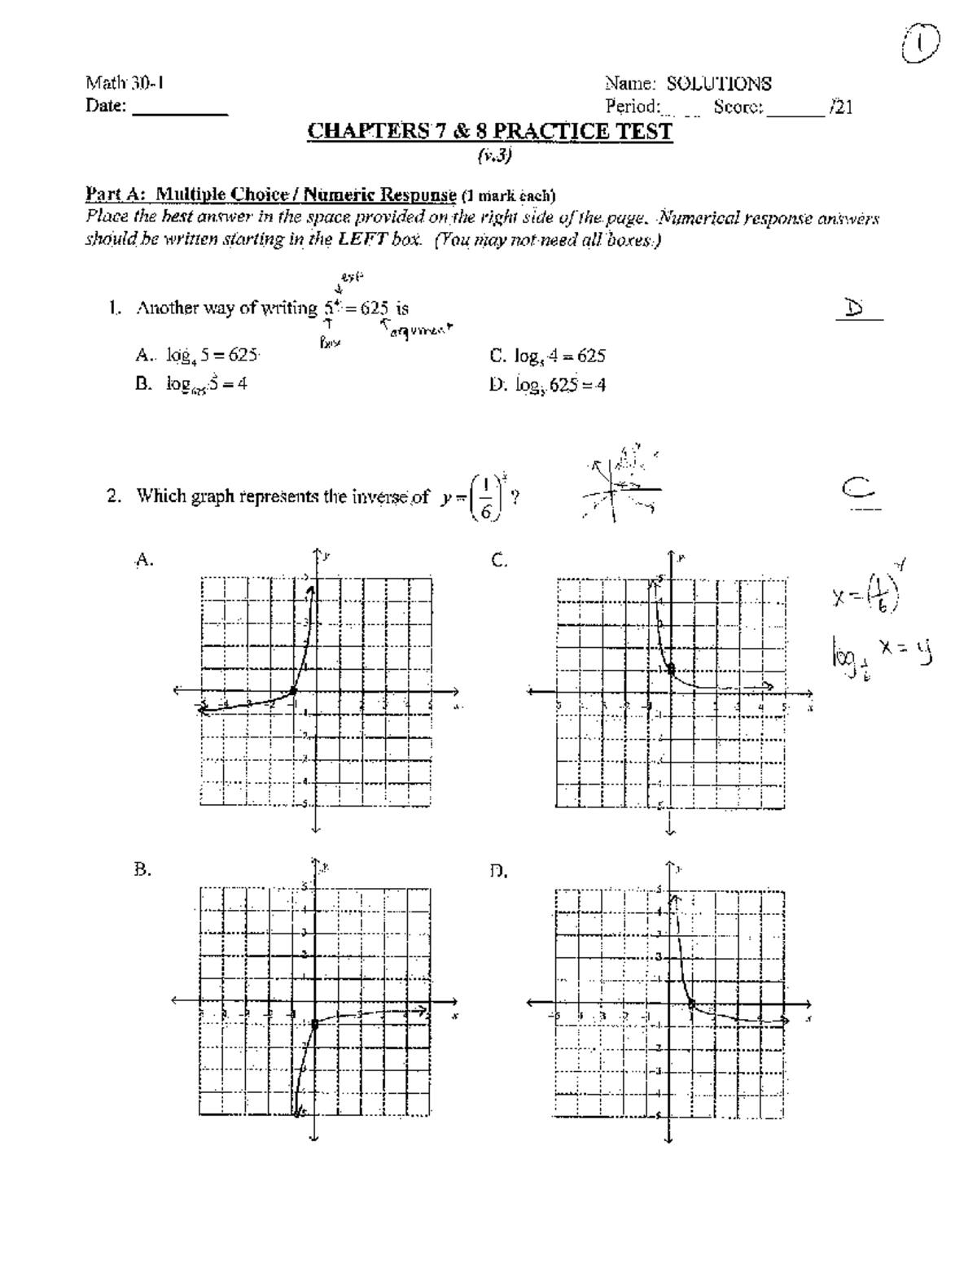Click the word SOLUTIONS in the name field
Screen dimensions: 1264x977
(719, 84)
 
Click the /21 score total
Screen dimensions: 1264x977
(841, 107)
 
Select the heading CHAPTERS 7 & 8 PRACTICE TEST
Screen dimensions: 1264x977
(489, 132)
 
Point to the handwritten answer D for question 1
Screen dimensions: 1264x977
(854, 308)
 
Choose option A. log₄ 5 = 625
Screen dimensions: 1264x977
(198, 355)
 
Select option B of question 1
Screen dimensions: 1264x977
(192, 385)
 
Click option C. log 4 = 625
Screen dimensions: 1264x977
(548, 356)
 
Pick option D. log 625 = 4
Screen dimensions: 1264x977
(548, 386)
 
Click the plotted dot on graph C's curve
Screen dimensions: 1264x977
(670, 669)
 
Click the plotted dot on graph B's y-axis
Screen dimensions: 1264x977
(315, 1024)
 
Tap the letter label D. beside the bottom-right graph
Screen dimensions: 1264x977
(498, 873)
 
